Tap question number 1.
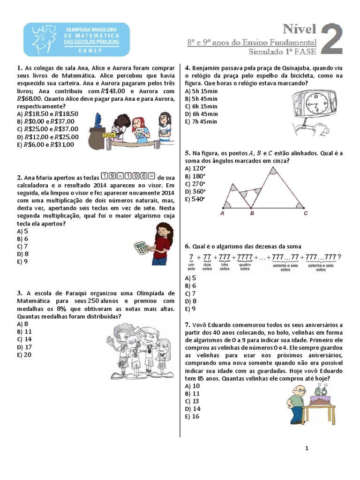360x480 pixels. pyautogui.click(x=18, y=68)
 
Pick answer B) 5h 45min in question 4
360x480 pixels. pyautogui.click(x=202, y=99)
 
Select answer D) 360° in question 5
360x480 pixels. pyautogui.click(x=195, y=191)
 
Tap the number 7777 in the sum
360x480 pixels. pyautogui.click(x=245, y=257)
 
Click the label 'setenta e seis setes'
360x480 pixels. pyautogui.click(x=285, y=267)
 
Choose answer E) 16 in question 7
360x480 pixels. pyautogui.click(x=192, y=416)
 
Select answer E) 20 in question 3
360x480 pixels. pyautogui.click(x=24, y=354)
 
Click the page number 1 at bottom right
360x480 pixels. pyautogui.click(x=307, y=448)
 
